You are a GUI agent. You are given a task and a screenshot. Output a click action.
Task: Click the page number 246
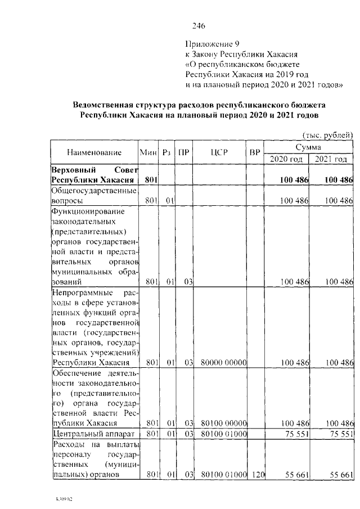(x=198, y=26)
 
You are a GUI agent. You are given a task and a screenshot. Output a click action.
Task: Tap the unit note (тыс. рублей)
(x=327, y=134)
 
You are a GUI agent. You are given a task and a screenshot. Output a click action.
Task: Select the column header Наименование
(x=94, y=152)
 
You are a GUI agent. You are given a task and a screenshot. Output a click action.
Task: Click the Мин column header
(x=148, y=152)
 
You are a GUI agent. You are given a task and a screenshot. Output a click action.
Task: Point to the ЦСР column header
(x=220, y=152)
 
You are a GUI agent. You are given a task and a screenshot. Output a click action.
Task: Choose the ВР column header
(x=255, y=152)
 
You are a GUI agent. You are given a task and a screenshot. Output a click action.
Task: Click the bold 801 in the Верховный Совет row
(x=150, y=180)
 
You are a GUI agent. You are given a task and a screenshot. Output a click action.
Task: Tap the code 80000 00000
(x=221, y=362)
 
